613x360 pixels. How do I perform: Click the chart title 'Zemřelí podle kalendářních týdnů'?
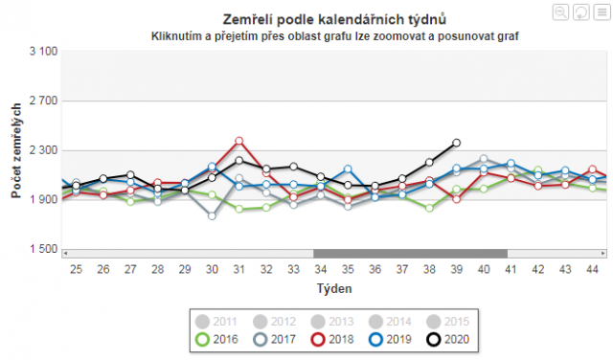point(334,19)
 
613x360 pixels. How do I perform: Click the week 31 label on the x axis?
point(238,270)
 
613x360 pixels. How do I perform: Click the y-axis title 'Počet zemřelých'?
point(16,150)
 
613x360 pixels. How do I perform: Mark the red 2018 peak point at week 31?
point(238,141)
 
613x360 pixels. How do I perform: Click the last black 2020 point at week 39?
point(456,143)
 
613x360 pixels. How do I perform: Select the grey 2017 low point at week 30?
point(212,215)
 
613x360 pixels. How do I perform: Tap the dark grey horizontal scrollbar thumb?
point(410,253)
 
